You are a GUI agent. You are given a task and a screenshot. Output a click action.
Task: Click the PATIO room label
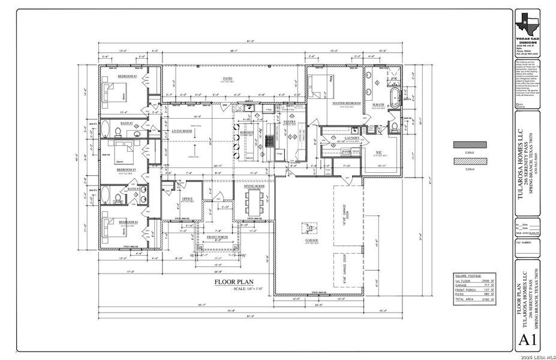click(227, 78)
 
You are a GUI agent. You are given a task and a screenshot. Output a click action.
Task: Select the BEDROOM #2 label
click(127, 77)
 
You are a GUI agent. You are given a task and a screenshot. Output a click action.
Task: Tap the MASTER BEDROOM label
click(346, 103)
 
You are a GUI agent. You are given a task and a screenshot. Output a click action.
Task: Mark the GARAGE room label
click(311, 240)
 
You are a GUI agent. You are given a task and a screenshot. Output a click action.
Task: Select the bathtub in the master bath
click(394, 98)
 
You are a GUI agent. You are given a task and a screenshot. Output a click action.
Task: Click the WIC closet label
click(378, 152)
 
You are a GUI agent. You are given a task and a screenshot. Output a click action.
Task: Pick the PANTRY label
click(290, 121)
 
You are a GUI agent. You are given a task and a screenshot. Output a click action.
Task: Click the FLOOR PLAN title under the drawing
click(235, 281)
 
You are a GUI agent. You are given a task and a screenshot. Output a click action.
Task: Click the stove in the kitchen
click(271, 141)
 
